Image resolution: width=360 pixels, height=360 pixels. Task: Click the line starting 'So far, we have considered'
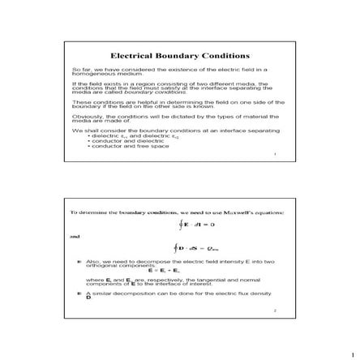pyautogui.click(x=170, y=71)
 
